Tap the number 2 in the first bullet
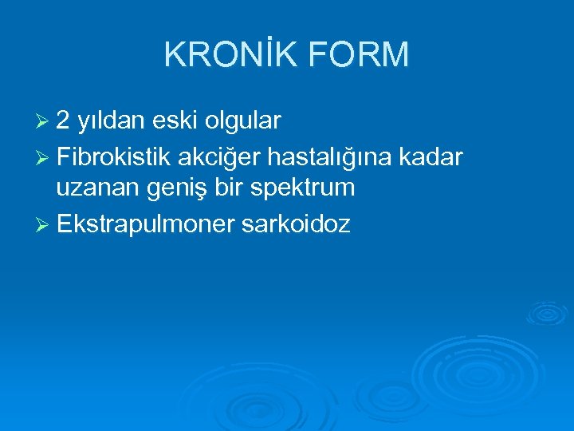click(x=64, y=121)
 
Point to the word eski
click(x=178, y=121)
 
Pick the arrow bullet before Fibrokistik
click(x=44, y=156)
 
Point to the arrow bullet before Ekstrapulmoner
click(x=44, y=225)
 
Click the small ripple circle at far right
click(x=547, y=313)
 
